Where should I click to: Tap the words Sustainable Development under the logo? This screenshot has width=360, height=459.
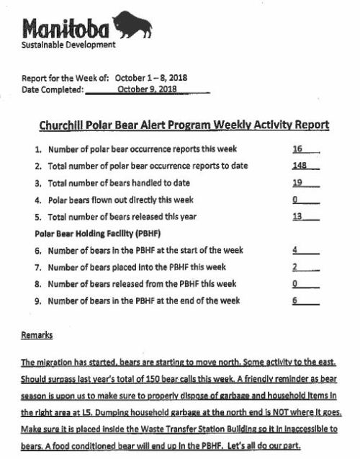click(68, 45)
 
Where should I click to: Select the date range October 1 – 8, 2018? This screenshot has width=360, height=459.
click(155, 79)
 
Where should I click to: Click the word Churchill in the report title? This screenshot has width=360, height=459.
click(67, 125)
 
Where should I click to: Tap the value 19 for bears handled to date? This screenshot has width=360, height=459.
click(297, 182)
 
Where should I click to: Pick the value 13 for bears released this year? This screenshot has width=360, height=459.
click(297, 216)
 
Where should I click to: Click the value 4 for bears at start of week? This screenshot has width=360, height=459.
click(295, 250)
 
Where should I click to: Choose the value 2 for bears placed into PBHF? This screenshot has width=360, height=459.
click(295, 267)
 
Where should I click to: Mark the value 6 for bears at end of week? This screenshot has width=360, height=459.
click(295, 300)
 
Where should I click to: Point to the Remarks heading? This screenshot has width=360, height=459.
click(37, 335)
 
